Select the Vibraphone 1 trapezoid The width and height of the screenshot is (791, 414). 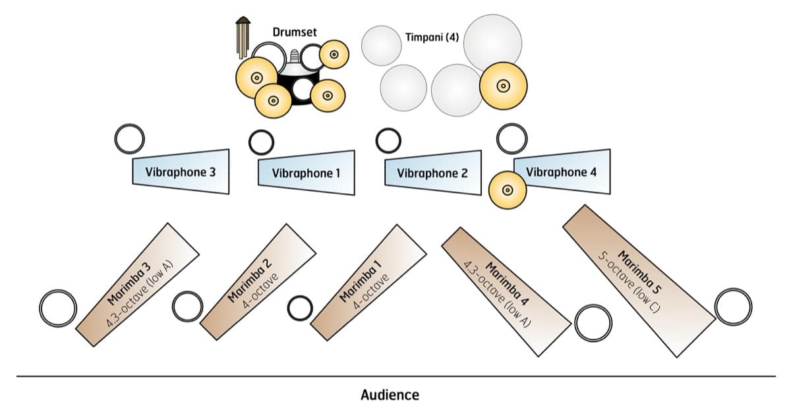[306, 173]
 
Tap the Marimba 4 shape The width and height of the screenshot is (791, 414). [504, 283]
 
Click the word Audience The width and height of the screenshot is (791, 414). [390, 395]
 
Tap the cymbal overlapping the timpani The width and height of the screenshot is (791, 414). [502, 85]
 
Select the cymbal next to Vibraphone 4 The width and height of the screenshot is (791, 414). [508, 190]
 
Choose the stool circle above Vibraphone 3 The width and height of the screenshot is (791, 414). [129, 138]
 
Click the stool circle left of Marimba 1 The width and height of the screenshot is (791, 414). [300, 307]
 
